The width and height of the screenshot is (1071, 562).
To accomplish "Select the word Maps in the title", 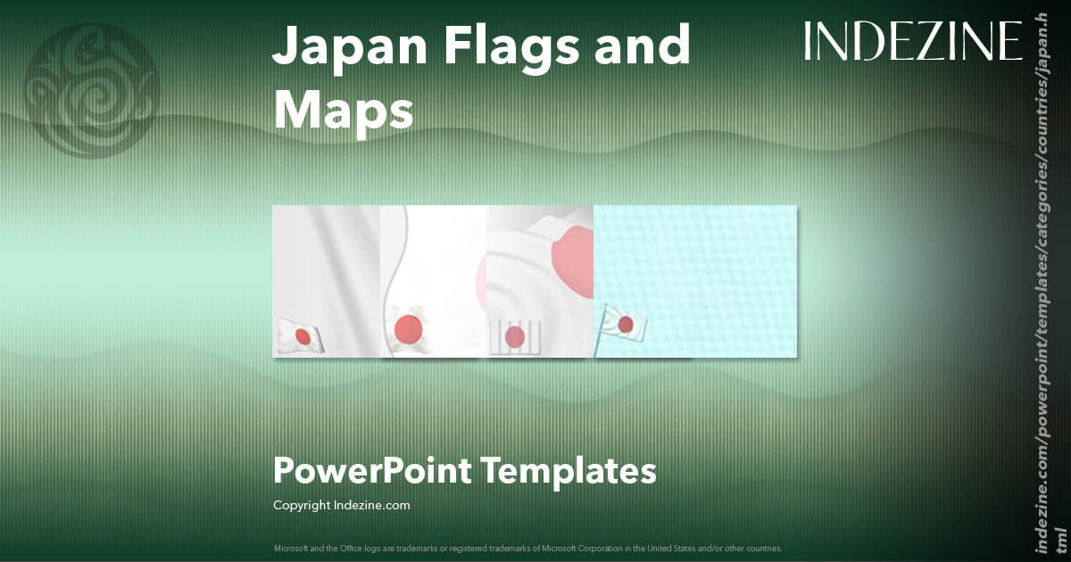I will click(x=344, y=112).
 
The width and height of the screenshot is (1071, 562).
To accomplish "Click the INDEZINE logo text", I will click(x=912, y=41).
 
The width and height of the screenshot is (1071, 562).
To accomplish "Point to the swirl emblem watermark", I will click(x=91, y=89).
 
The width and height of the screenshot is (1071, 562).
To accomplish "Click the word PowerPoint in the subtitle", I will click(x=371, y=470).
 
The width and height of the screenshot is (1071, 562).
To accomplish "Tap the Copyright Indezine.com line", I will click(x=341, y=505).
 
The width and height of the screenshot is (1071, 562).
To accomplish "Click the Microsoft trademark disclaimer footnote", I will click(x=526, y=548).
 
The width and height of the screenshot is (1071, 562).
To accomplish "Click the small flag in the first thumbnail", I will click(x=300, y=335).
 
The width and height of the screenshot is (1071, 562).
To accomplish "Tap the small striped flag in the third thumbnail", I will click(x=515, y=336).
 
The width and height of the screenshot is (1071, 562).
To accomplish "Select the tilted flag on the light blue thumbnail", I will click(x=625, y=323).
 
